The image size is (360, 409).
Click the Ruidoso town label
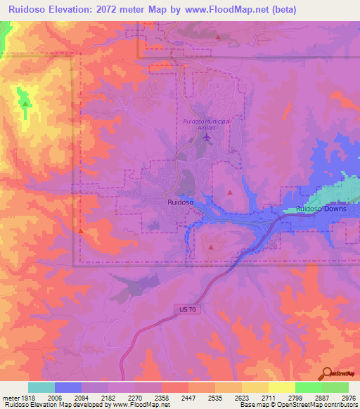pos(181,202)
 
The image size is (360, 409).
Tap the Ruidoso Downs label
pos(320,209)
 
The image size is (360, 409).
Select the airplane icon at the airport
pos(206,136)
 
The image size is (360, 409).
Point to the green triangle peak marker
pos(26,104)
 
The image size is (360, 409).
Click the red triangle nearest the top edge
pos(218,37)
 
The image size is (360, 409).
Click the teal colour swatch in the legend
pos(41,387)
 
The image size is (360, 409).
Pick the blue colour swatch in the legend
pos(68,387)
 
